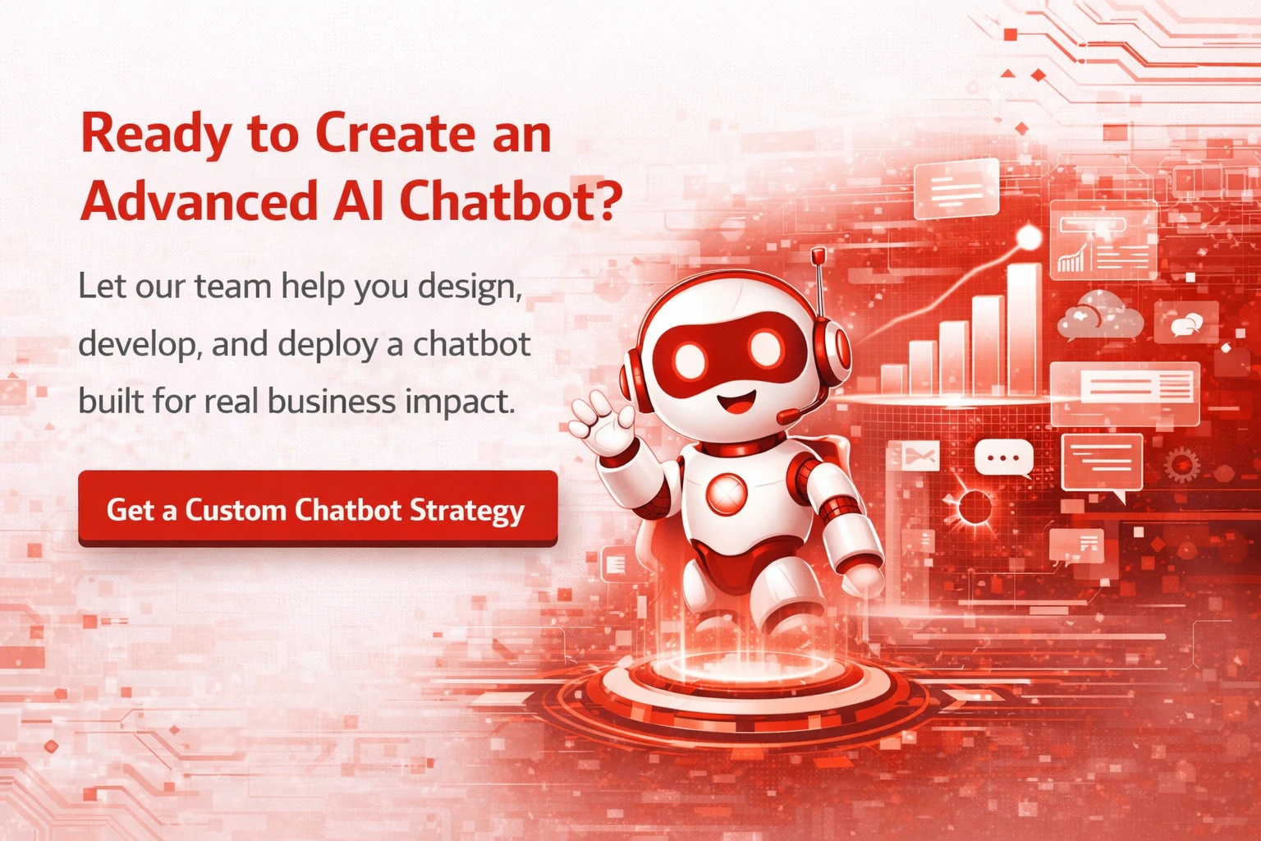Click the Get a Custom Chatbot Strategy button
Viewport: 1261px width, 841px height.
click(318, 508)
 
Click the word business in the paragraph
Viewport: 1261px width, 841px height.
click(332, 401)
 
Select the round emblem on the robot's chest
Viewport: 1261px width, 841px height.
click(727, 494)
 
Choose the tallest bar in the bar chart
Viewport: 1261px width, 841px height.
click(1024, 329)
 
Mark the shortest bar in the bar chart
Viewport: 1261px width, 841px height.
click(893, 379)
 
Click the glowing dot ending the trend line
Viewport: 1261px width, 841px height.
click(1029, 237)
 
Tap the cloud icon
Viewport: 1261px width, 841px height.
click(1099, 316)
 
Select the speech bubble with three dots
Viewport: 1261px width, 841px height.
click(1004, 458)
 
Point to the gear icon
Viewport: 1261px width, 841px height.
click(1181, 464)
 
